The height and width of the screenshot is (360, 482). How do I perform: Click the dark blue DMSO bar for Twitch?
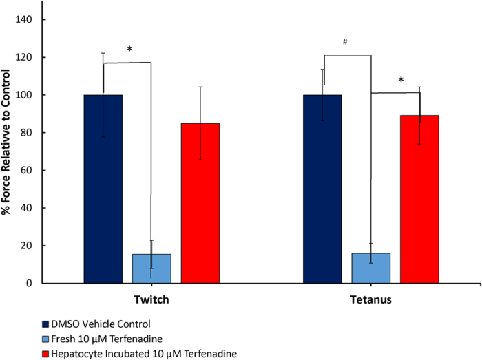click(103, 189)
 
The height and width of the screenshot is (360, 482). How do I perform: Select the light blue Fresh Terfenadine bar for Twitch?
click(151, 268)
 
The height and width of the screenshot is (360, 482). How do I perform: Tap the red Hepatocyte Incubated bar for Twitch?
click(200, 203)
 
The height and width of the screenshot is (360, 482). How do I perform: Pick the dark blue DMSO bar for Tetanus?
click(322, 189)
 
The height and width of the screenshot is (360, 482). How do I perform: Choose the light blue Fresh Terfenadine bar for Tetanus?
click(370, 268)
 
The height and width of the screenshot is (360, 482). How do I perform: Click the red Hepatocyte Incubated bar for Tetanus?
click(419, 199)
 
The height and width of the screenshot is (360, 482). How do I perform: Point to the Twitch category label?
click(151, 299)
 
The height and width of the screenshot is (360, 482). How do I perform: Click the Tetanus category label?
click(370, 299)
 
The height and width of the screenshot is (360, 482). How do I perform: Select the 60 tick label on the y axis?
click(26, 170)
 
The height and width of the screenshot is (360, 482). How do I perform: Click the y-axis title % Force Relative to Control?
click(6, 142)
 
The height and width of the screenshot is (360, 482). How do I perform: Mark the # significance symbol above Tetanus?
click(345, 42)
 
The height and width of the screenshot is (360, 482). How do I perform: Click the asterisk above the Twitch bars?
click(129, 49)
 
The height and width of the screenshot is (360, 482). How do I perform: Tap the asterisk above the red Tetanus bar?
click(401, 80)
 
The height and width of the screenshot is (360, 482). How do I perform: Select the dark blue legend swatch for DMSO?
click(45, 324)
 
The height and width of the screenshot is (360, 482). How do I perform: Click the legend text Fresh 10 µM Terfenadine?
click(107, 339)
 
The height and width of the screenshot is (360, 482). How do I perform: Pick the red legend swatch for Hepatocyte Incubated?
click(45, 354)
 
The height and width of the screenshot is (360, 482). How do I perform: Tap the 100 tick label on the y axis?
click(23, 95)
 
